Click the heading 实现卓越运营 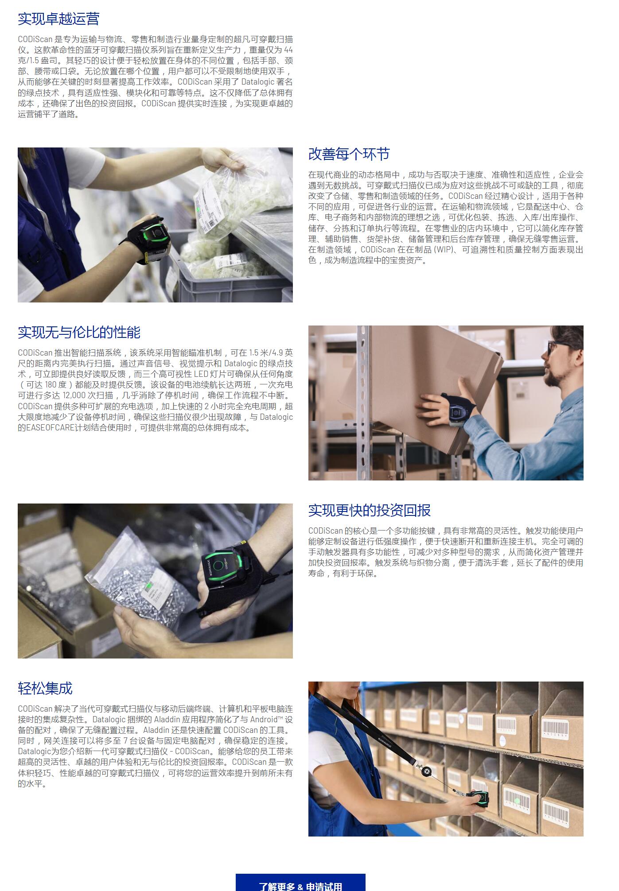[58, 19]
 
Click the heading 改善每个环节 [349, 154]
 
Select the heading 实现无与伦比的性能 [79, 332]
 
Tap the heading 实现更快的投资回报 [370, 510]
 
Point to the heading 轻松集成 [45, 688]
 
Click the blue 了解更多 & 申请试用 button [300, 883]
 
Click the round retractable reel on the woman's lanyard [427, 771]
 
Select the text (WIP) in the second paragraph [443, 249]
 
